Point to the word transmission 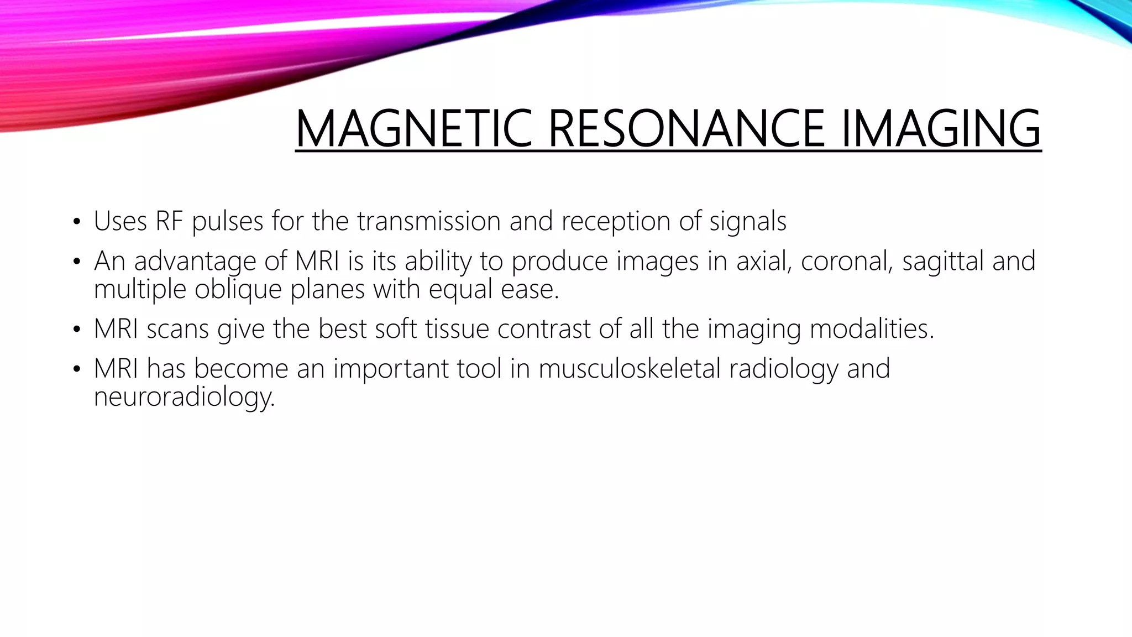click(428, 221)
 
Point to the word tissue click(457, 329)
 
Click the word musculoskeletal click(630, 369)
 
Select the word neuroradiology click(184, 397)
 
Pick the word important click(390, 369)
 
